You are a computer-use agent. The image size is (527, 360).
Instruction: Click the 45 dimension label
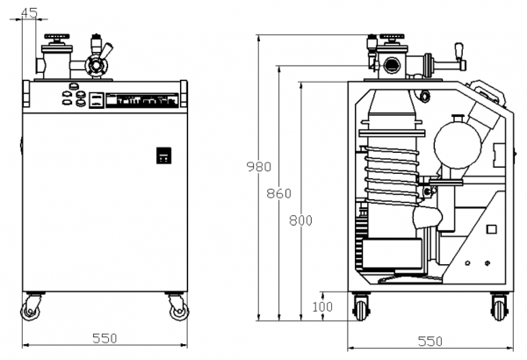coord(29,13)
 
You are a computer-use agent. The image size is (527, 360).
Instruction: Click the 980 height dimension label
coord(259,167)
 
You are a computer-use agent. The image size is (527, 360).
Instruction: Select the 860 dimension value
coord(279,194)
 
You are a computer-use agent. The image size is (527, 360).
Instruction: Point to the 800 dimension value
coord(300,220)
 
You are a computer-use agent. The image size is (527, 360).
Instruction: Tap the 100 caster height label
coord(322,307)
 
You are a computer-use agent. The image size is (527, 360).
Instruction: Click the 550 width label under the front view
coord(105,338)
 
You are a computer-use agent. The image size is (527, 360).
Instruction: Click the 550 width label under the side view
coord(430,342)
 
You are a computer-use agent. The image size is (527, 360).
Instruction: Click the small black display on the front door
coord(163,155)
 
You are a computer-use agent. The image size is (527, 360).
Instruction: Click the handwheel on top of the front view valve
coord(57,36)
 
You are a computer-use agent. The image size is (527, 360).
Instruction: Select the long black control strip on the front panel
coord(141,100)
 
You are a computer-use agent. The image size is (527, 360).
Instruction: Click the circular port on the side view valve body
coord(392,65)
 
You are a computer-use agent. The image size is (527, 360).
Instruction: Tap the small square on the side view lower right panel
coord(491,229)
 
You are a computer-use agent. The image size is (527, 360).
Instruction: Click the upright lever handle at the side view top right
coord(458,52)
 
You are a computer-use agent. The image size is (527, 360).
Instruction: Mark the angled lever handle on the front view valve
coord(106,51)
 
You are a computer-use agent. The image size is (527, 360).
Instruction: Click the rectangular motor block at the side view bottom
coord(393,254)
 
